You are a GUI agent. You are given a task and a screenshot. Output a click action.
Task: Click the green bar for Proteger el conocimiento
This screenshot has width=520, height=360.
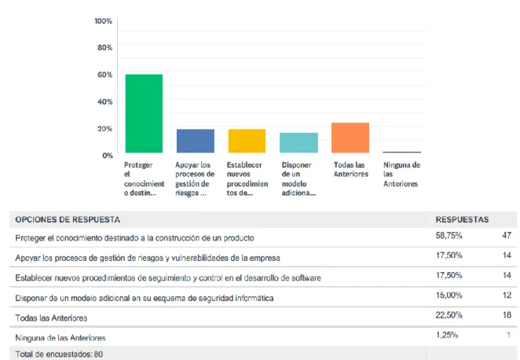click(144, 113)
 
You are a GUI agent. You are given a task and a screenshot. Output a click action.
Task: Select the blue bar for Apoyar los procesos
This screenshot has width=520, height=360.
click(196, 141)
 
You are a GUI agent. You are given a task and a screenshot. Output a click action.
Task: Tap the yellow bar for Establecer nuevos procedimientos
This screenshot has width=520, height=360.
click(247, 141)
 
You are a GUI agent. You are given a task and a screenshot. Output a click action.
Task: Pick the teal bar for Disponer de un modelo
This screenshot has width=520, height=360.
click(298, 143)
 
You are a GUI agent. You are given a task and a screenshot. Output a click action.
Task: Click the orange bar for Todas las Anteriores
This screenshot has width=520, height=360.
click(350, 138)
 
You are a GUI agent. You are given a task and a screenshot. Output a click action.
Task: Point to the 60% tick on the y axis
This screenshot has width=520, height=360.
click(104, 75)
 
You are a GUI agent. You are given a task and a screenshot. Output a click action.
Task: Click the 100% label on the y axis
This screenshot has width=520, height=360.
click(104, 21)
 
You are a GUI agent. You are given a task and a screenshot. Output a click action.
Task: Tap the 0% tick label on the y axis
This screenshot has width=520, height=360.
click(108, 156)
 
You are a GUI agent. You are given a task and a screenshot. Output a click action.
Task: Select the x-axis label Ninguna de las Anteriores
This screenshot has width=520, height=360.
click(401, 174)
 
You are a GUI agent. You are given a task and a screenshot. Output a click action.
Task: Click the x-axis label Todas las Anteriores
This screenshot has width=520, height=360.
click(351, 169)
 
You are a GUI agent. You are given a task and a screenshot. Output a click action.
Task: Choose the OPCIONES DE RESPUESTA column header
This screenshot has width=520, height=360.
click(68, 219)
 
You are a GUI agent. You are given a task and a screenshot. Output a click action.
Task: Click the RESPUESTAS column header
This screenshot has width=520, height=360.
click(462, 219)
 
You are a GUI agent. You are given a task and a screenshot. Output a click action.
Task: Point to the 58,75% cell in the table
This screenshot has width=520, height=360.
click(449, 236)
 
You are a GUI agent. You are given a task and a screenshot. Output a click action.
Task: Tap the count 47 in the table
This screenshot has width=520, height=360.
click(507, 236)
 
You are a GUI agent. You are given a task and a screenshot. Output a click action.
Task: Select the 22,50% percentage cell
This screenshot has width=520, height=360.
click(449, 315)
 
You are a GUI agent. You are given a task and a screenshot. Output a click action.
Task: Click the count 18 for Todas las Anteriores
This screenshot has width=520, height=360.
click(507, 315)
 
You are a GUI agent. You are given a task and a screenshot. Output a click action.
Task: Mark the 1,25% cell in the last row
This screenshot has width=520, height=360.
click(447, 335)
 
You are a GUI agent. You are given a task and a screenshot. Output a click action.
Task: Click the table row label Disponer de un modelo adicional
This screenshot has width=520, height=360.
click(145, 298)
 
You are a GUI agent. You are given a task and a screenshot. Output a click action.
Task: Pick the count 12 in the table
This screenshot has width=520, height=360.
click(507, 296)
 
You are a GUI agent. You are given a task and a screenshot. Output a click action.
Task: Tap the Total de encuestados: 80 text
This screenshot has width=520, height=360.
click(59, 354)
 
